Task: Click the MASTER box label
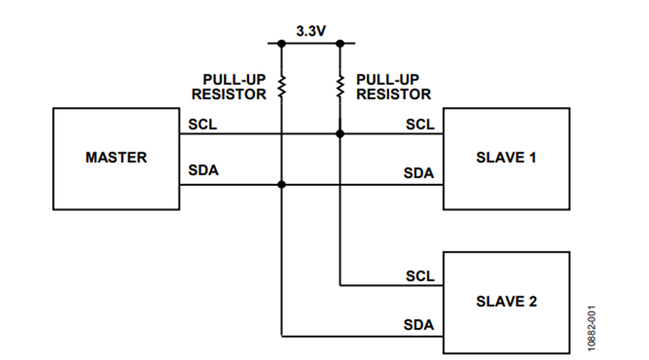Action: coord(116,157)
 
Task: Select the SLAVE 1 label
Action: coord(506,157)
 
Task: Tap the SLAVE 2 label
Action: coord(506,302)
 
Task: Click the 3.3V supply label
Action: coord(311,32)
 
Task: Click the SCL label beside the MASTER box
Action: coord(203,124)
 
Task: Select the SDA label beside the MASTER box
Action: coord(203,172)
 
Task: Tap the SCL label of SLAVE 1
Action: coord(420,124)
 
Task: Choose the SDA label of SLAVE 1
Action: coord(419,173)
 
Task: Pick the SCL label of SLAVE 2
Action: coord(420,276)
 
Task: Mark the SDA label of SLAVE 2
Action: coord(419,325)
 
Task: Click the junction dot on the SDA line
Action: coord(282,185)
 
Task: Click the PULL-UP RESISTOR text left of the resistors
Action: coord(234,87)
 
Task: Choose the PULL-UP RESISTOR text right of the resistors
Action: coord(394,87)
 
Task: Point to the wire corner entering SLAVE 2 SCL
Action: coord(340,285)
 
